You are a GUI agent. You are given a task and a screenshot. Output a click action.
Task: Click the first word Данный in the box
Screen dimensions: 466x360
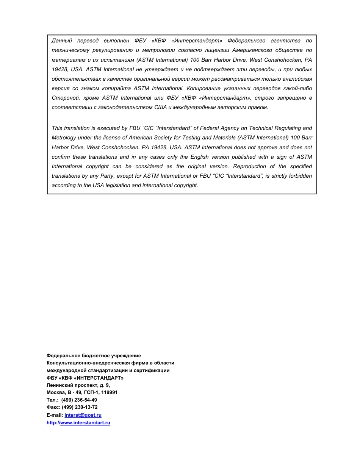pyautogui.click(x=62, y=41)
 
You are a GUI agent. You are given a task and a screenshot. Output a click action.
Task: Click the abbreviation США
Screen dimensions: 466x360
pyautogui.click(x=160, y=107)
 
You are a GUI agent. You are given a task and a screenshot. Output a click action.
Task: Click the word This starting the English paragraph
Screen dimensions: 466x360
pyautogui.click(x=57, y=128)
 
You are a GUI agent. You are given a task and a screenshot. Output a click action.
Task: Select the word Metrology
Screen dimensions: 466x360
pyautogui.click(x=64, y=138)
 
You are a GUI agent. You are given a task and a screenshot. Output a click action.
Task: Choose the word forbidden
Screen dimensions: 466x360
pyautogui.click(x=300, y=176)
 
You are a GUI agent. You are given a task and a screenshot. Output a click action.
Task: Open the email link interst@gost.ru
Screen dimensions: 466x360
pyautogui.click(x=83, y=415)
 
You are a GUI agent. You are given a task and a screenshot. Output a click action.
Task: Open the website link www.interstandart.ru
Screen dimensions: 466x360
pyautogui.click(x=85, y=423)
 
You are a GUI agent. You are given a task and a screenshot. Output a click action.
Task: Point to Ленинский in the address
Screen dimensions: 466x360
pyautogui.click(x=59, y=385)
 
